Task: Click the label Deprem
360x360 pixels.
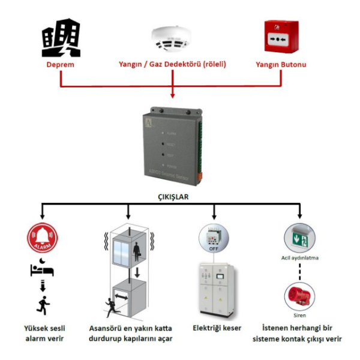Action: click(x=61, y=64)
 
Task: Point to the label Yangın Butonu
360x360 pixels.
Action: click(x=281, y=64)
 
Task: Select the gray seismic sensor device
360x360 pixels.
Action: click(x=173, y=147)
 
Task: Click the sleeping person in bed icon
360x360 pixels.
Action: click(x=42, y=268)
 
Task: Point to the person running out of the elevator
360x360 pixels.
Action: click(x=111, y=306)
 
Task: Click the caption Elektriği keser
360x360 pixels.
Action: click(x=216, y=329)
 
